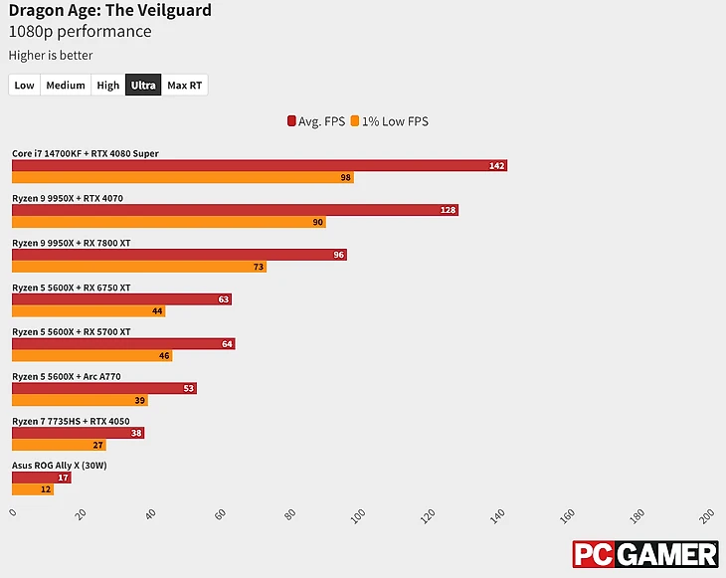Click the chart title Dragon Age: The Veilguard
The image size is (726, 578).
tap(109, 11)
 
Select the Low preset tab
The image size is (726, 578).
tap(25, 86)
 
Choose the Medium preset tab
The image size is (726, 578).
tap(66, 86)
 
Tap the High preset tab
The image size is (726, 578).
tap(108, 86)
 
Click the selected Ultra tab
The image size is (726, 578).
tap(143, 86)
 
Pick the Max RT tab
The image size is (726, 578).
tap(185, 86)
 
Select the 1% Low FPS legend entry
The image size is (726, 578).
tap(393, 121)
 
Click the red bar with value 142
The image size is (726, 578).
tap(259, 165)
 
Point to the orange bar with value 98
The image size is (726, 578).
tap(182, 178)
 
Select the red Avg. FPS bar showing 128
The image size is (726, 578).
tap(235, 210)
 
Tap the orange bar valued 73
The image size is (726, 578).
tap(139, 267)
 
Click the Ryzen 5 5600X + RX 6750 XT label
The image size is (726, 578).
tap(71, 288)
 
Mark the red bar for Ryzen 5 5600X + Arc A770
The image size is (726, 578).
tap(103, 388)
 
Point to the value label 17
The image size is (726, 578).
tap(63, 478)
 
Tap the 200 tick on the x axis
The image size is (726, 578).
tap(707, 514)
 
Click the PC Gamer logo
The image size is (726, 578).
tap(644, 555)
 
